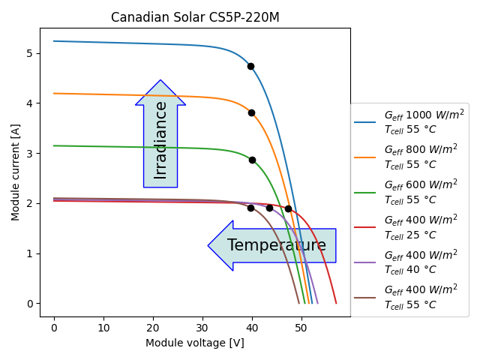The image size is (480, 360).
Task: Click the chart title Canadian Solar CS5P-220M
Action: pyautogui.click(x=195, y=17)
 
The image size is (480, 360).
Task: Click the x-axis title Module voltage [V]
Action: pyautogui.click(x=195, y=343)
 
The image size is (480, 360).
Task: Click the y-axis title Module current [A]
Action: pyautogui.click(x=16, y=172)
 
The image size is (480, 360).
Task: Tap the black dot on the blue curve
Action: pyautogui.click(x=250, y=66)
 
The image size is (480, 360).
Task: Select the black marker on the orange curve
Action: pyautogui.click(x=251, y=112)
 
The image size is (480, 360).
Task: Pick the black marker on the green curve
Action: pyautogui.click(x=252, y=160)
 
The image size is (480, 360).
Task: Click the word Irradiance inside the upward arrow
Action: pyautogui.click(x=160, y=139)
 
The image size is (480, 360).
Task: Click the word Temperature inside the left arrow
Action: pyautogui.click(x=277, y=245)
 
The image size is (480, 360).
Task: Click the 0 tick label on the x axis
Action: pyautogui.click(x=54, y=328)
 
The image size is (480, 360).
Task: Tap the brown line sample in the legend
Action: pyautogui.click(x=365, y=296)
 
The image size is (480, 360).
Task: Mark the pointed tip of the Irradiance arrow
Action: pyautogui.click(x=160, y=80)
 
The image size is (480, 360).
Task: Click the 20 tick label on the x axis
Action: pyautogui.click(x=153, y=328)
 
